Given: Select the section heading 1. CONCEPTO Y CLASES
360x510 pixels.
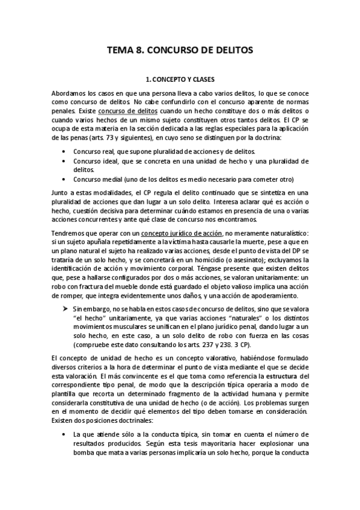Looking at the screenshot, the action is coord(180,79).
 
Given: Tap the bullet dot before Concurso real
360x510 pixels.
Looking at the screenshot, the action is coord(64,151).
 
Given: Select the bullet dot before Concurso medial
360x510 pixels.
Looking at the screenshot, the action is coord(64,179).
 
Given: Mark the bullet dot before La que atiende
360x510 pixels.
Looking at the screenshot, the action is coord(64,434).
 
